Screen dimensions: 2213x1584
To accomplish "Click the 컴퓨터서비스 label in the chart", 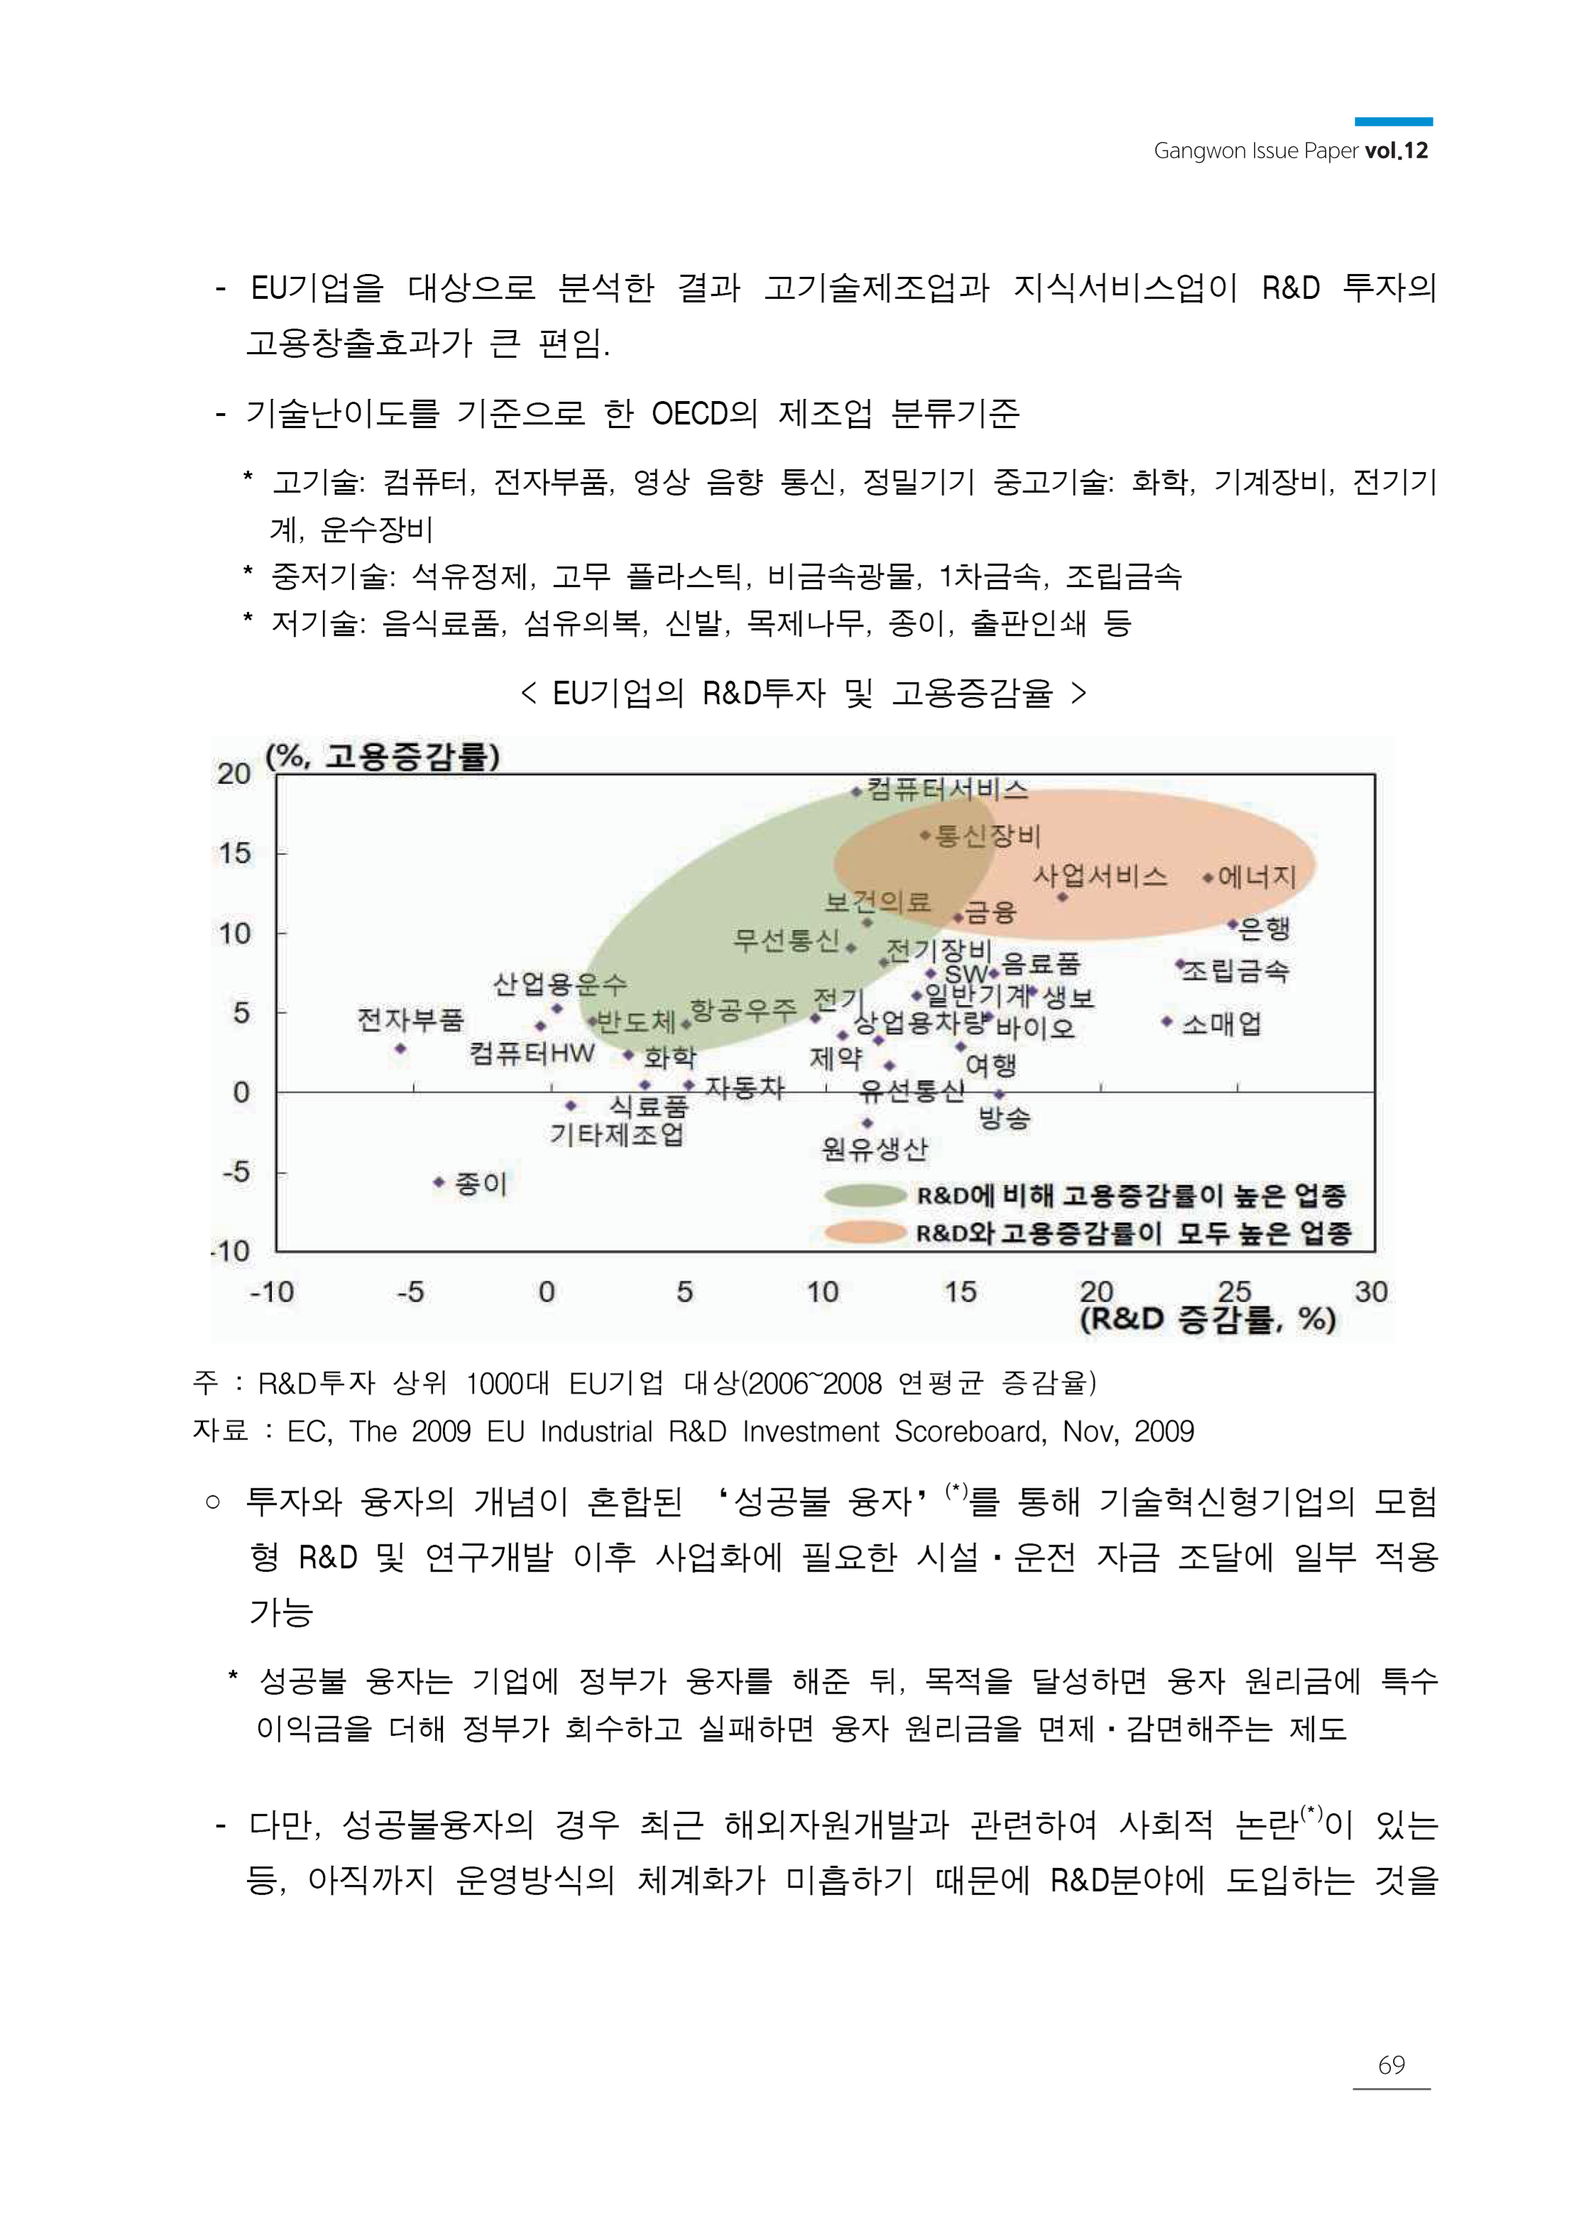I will point(947,789).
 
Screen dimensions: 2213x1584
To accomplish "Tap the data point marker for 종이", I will point(439,1182).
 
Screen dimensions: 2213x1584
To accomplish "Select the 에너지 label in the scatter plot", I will point(1258,877).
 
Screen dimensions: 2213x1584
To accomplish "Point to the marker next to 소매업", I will point(1167,1021).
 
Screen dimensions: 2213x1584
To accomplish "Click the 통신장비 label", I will point(988,836).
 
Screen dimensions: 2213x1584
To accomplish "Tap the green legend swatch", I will point(865,1195).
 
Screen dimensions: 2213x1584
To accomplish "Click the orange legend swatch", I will point(865,1233).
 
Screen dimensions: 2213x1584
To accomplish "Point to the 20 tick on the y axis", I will point(234,774).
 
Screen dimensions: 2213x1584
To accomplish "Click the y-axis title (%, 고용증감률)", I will point(383,756).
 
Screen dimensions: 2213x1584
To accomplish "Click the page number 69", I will point(1391,2065).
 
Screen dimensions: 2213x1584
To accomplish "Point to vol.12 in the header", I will point(1397,151).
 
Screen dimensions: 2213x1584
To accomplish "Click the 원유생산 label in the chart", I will point(874,1150).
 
